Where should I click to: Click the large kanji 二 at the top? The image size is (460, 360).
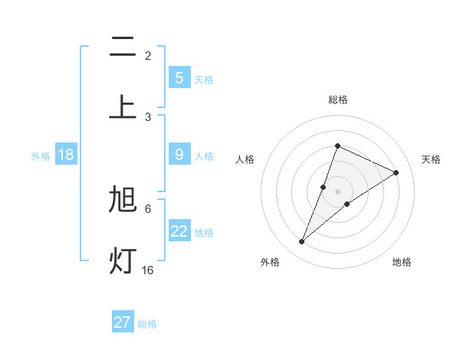(123, 48)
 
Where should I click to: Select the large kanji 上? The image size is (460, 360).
(123, 106)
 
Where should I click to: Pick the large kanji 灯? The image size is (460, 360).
(123, 260)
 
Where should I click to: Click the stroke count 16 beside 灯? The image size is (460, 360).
(148, 270)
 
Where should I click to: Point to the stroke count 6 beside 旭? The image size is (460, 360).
(148, 208)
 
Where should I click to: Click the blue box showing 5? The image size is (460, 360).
(179, 77)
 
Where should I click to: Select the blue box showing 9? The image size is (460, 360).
(179, 155)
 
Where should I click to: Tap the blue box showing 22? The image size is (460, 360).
(179, 231)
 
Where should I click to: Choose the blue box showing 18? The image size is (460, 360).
(66, 155)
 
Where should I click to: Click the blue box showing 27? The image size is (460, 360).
(123, 322)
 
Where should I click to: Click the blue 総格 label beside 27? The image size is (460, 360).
(147, 324)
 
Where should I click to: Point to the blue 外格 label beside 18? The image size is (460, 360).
(41, 156)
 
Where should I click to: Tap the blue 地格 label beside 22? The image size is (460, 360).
(204, 232)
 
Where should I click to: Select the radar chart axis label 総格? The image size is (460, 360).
(337, 100)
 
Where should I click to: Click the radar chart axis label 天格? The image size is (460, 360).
(431, 159)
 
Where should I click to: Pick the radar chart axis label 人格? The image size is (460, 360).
(245, 159)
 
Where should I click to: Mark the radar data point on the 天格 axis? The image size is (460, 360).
(396, 172)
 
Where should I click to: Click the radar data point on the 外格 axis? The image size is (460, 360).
(301, 242)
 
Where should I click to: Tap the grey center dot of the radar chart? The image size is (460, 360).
(337, 191)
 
